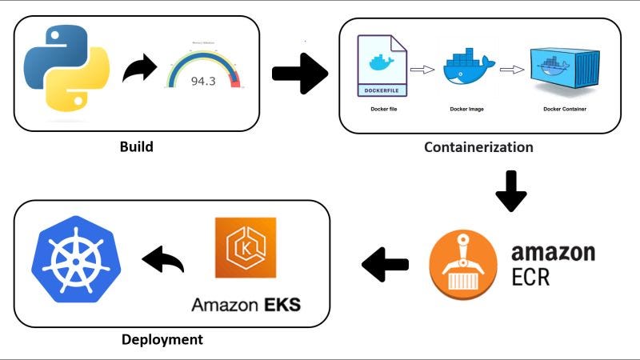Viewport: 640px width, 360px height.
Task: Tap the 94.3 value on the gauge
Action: (x=202, y=81)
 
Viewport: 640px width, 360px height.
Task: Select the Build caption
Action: (x=136, y=147)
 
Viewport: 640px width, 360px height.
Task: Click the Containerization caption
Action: (x=478, y=147)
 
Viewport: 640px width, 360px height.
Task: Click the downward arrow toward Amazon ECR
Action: (x=511, y=190)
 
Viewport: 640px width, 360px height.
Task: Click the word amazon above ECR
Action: (x=553, y=253)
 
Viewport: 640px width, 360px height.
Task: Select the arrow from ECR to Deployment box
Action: (x=385, y=264)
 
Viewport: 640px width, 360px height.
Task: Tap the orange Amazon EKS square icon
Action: (x=246, y=247)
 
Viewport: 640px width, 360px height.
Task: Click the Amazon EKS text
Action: (x=246, y=305)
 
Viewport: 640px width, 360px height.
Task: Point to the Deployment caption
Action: (x=162, y=339)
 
